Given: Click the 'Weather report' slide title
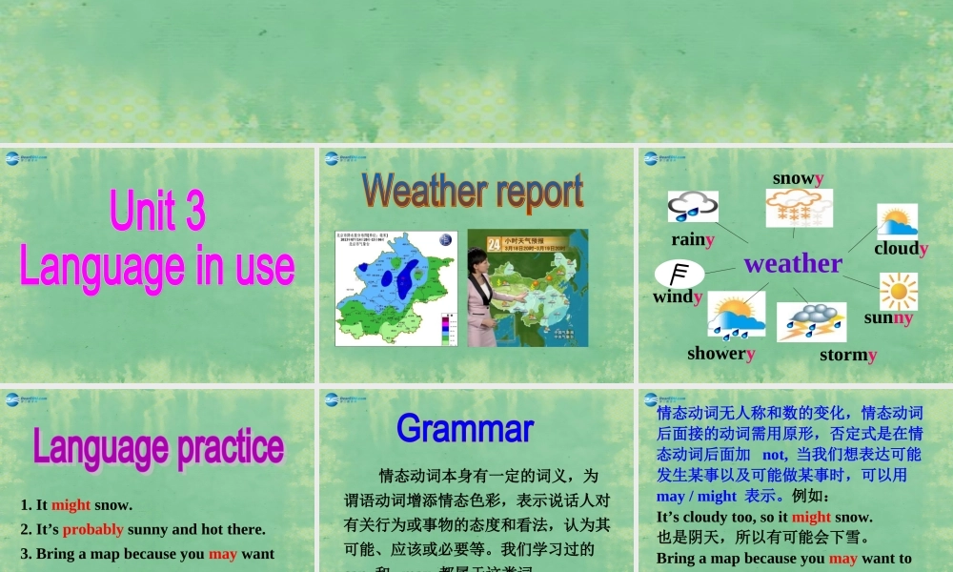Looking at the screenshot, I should click(473, 192).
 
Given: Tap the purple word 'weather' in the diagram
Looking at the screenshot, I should click(793, 263).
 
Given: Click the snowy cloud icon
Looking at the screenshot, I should click(799, 208).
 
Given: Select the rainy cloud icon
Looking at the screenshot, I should click(693, 207).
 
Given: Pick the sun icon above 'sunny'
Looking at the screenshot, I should click(898, 291).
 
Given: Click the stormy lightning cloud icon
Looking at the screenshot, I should click(811, 322).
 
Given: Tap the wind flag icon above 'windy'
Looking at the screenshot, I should click(679, 275).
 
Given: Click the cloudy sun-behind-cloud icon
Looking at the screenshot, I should click(897, 221).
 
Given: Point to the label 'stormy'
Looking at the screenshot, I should click(848, 355).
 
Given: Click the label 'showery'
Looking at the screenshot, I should click(721, 353).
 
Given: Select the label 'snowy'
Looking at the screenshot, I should click(798, 178).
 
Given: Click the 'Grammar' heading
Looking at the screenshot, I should click(465, 428).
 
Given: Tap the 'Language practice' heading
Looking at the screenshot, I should click(158, 446).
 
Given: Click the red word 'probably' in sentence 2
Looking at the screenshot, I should click(92, 529).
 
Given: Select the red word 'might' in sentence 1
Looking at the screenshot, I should click(71, 505).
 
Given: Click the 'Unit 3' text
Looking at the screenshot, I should click(157, 211).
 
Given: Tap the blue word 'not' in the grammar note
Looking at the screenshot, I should click(775, 455).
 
